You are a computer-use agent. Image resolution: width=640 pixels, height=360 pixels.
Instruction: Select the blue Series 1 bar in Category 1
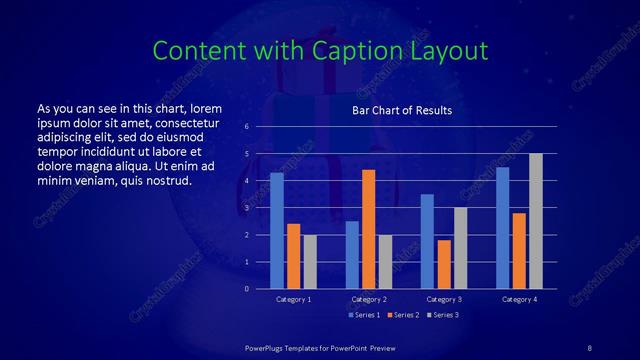pos(277,231)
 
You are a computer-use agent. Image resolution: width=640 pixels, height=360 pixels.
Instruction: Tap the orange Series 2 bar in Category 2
pos(368,229)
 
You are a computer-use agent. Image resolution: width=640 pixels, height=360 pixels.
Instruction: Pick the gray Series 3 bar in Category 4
pos(536,221)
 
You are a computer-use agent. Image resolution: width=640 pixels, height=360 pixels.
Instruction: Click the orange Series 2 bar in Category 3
pos(444,264)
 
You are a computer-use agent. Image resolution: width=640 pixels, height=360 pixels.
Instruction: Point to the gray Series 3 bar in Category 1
pos(310,262)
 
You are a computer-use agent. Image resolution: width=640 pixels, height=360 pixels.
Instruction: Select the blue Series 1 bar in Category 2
pos(352,255)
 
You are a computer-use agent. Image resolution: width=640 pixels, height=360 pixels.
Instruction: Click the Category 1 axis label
pos(294,299)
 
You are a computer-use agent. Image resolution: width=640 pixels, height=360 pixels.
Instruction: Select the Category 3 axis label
pos(444,299)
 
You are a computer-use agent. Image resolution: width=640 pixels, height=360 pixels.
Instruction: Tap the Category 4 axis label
pos(519,299)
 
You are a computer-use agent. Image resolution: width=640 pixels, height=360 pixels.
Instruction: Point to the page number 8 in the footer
pos(589,346)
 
